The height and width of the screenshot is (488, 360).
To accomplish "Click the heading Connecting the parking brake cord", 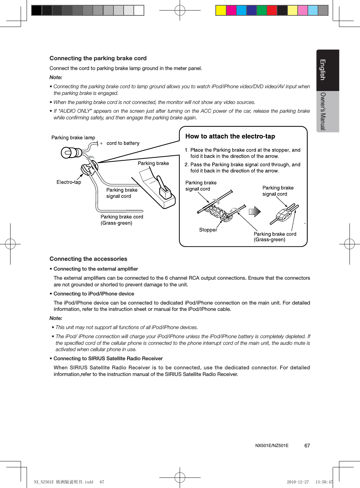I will pyautogui.click(x=98, y=58).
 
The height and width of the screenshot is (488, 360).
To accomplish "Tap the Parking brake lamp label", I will pyautogui.click(x=73, y=138).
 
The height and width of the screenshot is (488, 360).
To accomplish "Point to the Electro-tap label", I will pyautogui.click(x=69, y=182).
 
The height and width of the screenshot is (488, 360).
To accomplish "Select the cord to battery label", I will pyautogui.click(x=123, y=143).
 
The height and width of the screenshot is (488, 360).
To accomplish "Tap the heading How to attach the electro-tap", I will pyautogui.click(x=230, y=137).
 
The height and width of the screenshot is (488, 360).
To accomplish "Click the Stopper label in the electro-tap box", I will pyautogui.click(x=208, y=230).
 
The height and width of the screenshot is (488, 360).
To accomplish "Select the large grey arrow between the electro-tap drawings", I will pyautogui.click(x=255, y=211).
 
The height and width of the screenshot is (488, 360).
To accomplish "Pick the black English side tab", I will pyautogui.click(x=327, y=70).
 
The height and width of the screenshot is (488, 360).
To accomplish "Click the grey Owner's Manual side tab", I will pyautogui.click(x=327, y=111).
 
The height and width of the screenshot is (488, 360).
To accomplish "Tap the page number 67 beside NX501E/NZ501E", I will pyautogui.click(x=307, y=446).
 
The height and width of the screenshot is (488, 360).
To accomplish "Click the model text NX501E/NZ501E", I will pyautogui.click(x=272, y=446).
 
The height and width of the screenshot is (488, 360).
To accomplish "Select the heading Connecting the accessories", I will pyautogui.click(x=88, y=259).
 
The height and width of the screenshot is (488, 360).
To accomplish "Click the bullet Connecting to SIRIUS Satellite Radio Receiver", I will pyautogui.click(x=108, y=358).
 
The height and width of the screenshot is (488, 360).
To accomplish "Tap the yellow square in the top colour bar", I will pyautogui.click(x=221, y=11).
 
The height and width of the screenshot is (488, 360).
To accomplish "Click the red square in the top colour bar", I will pyautogui.click(x=272, y=11).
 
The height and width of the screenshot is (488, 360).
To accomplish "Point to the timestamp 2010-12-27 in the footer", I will pyautogui.click(x=298, y=482).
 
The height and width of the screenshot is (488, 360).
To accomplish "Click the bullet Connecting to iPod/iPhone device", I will pyautogui.click(x=94, y=294).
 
